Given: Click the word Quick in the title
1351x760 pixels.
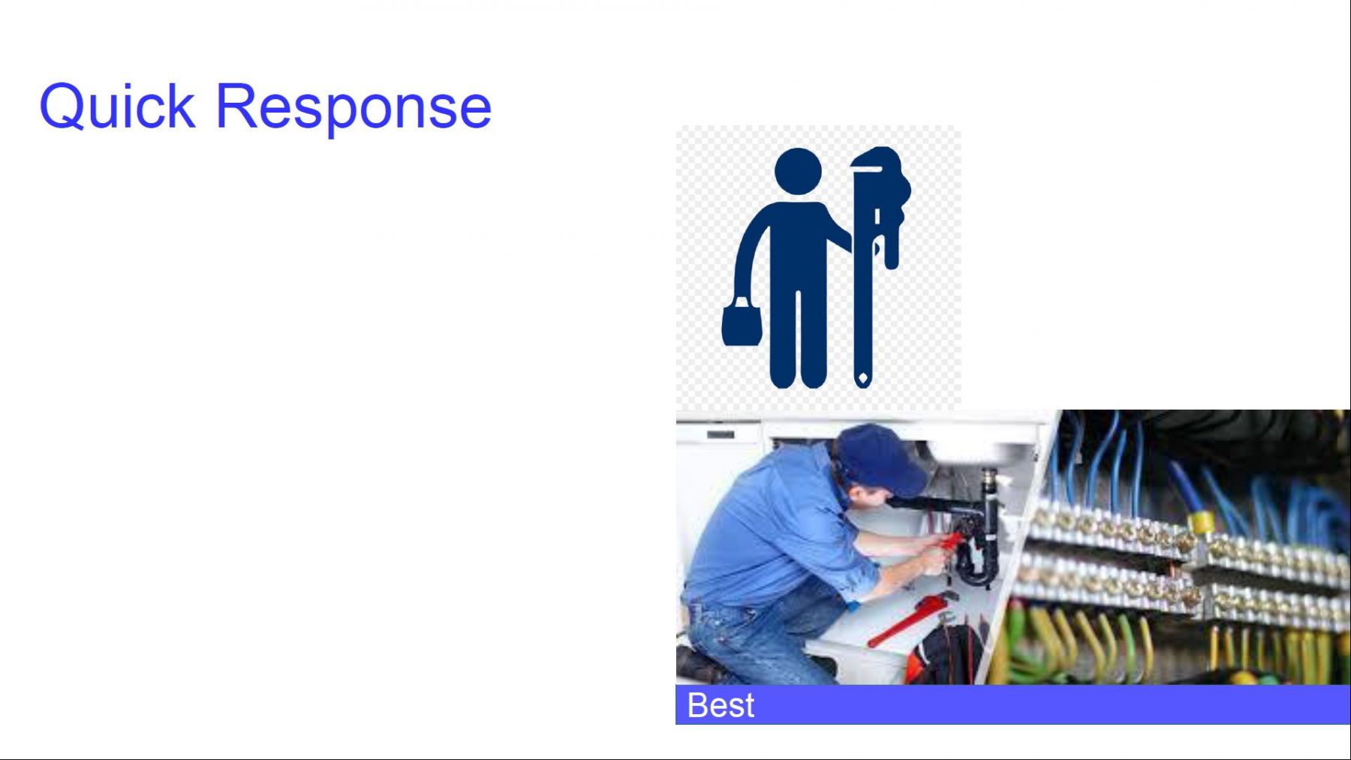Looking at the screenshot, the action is (x=117, y=107).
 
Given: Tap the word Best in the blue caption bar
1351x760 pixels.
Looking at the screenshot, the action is (x=721, y=705).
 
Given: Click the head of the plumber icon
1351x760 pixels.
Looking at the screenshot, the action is (x=798, y=172).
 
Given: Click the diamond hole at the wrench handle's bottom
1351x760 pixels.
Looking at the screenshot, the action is (x=863, y=377).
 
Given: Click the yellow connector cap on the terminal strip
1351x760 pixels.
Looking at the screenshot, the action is (x=1201, y=521).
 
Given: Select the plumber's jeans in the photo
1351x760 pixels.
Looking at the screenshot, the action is (x=758, y=638).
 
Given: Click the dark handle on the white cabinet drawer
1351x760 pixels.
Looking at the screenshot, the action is (x=720, y=434).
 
